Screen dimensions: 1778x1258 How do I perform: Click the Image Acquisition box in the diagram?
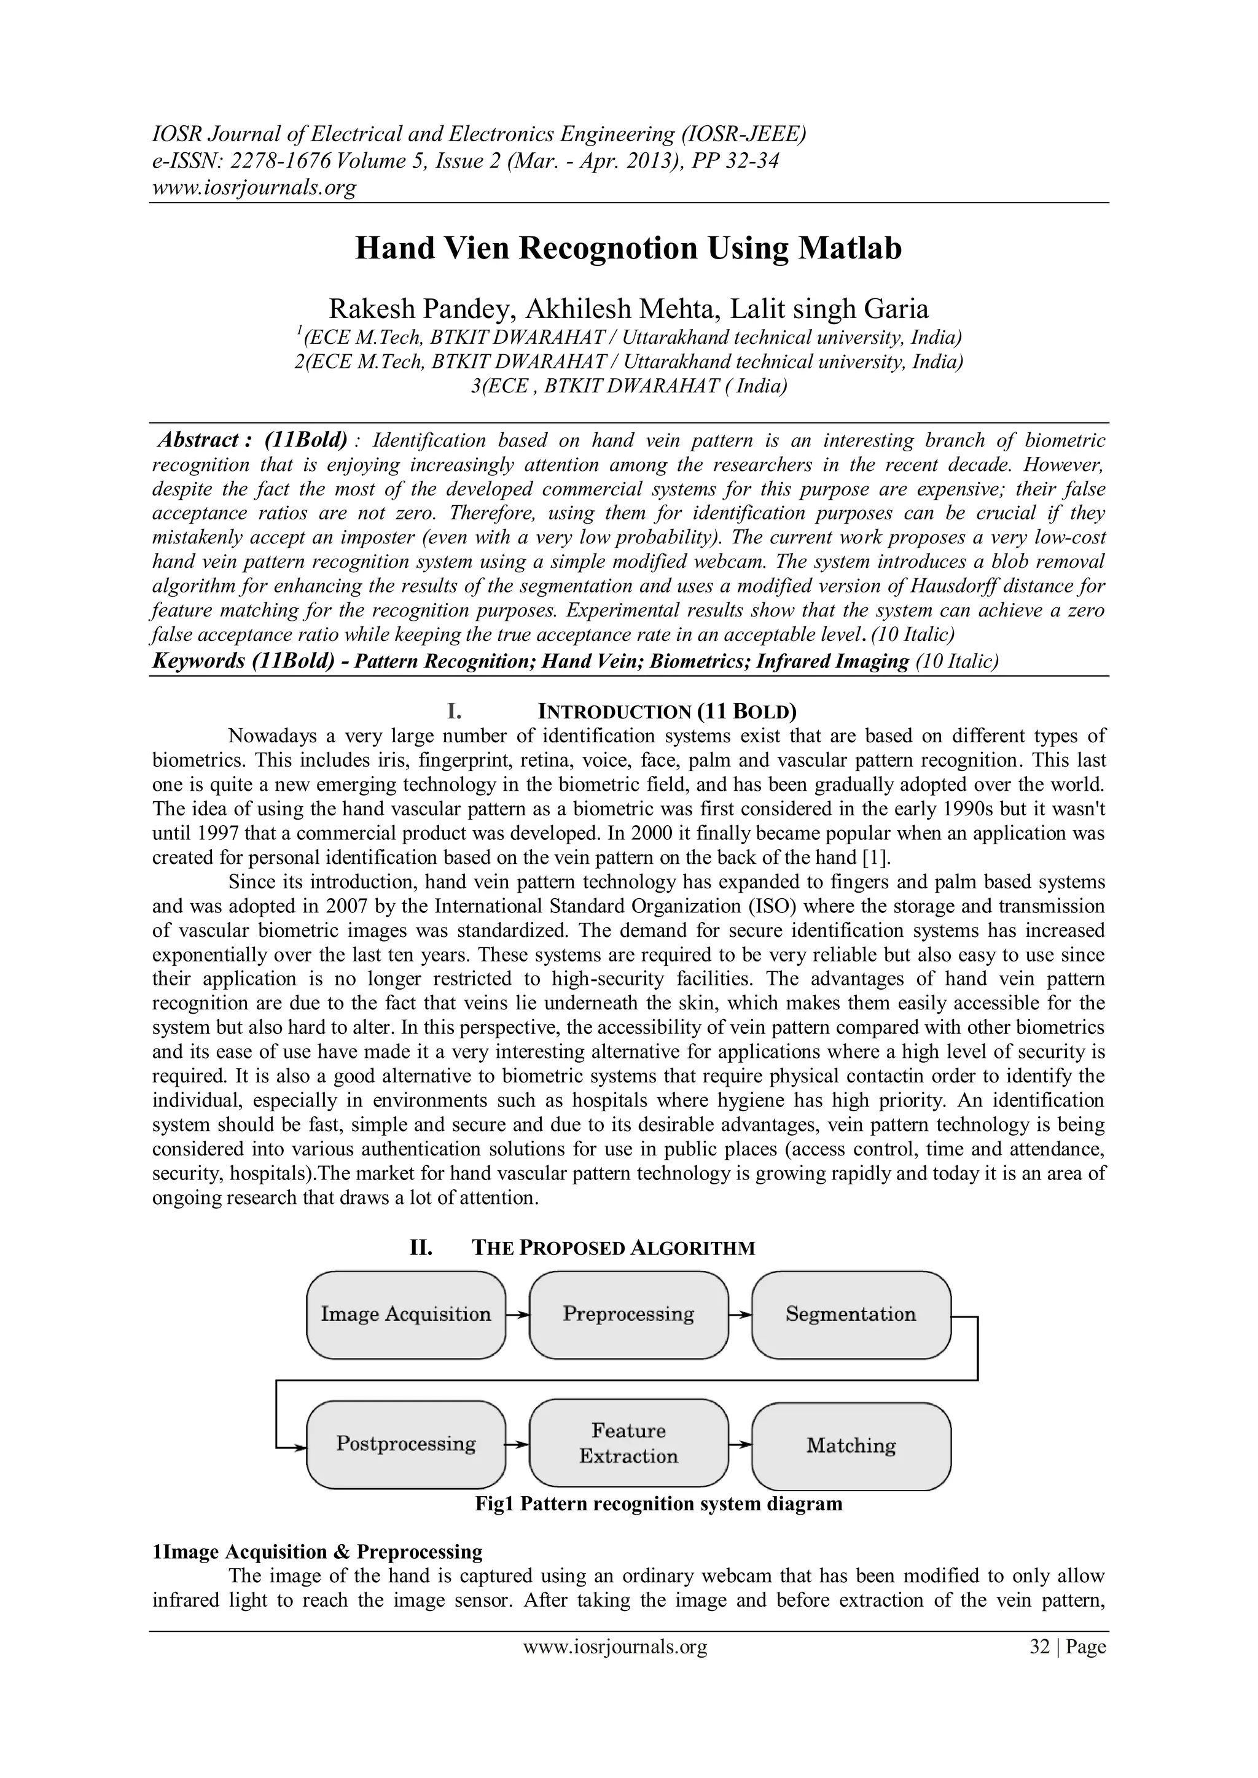[406, 1314]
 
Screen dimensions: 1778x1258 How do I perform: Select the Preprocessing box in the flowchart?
[628, 1314]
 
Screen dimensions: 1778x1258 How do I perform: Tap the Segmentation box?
[851, 1314]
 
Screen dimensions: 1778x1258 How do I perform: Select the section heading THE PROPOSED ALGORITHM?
[613, 1248]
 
